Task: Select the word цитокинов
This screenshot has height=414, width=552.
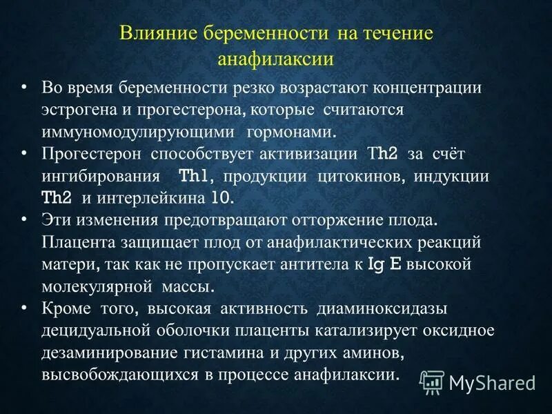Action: pyautogui.click(x=362, y=176)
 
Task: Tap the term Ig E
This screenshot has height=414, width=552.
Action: pyautogui.click(x=393, y=264)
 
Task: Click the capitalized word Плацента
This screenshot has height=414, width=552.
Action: pyautogui.click(x=75, y=242)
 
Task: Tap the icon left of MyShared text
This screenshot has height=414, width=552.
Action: pyautogui.click(x=432, y=381)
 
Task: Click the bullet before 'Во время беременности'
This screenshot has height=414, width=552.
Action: pyautogui.click(x=25, y=88)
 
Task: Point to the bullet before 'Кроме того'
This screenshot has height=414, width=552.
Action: pyautogui.click(x=25, y=308)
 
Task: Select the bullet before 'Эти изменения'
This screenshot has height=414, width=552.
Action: pyautogui.click(x=25, y=220)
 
